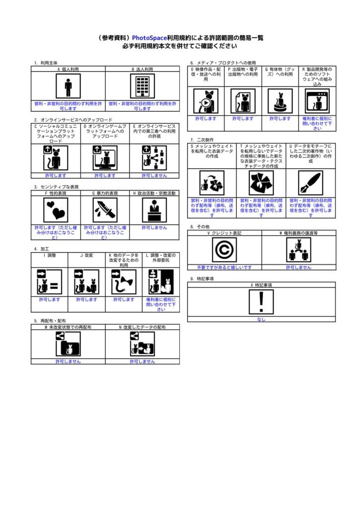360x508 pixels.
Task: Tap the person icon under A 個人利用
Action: point(68,86)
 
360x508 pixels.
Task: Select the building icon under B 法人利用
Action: point(143,86)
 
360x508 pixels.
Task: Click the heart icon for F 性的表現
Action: point(56,210)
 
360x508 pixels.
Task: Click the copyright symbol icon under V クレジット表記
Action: point(224,250)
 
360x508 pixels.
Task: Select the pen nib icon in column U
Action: point(311,183)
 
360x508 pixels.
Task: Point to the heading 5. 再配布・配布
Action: point(50,321)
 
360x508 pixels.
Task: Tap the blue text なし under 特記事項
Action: point(261,319)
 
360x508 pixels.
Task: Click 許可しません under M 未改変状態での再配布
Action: point(68,362)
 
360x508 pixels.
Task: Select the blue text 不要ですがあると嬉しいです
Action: point(224,267)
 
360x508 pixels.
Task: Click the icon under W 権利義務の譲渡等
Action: point(298,250)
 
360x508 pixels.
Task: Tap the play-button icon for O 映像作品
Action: point(206,101)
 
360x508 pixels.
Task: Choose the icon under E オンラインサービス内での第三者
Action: point(154,158)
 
